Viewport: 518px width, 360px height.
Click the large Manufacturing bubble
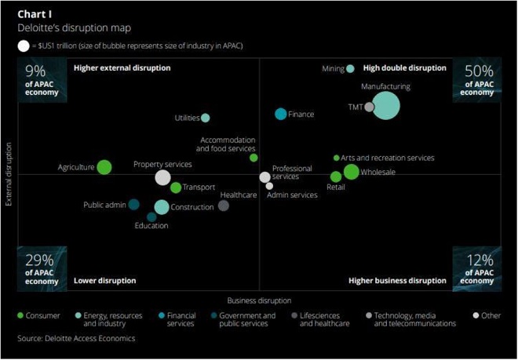click(385, 104)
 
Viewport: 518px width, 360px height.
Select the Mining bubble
click(350, 69)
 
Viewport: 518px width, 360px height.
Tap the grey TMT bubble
click(369, 107)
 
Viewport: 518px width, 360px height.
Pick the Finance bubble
click(280, 115)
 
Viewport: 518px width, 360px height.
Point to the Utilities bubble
click(206, 118)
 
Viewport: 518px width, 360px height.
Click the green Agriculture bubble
click(104, 167)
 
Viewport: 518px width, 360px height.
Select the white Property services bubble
click(162, 177)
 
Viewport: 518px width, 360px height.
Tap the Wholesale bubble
click(351, 172)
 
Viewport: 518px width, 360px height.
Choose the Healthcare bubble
click(224, 205)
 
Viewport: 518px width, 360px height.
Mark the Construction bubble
click(161, 207)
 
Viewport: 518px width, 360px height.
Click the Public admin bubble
click(134, 205)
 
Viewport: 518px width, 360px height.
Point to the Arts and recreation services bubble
click(337, 158)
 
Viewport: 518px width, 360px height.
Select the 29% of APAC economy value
click(41, 261)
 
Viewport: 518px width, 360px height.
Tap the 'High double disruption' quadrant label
click(405, 68)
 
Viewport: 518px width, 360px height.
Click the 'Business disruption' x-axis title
click(259, 300)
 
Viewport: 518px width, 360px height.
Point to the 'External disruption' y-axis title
click(9, 174)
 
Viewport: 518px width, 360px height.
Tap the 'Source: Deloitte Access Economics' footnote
click(76, 339)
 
